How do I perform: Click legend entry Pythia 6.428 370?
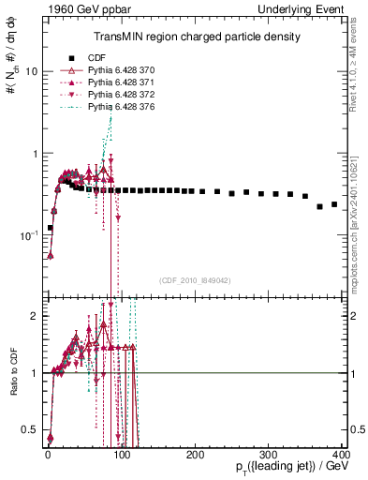pos(117,69)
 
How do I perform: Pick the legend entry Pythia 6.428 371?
pos(117,82)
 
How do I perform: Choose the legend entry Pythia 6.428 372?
pos(117,96)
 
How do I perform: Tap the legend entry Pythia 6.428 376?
pos(117,109)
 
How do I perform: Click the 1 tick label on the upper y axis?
pos(35,153)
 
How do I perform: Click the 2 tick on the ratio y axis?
pos(35,316)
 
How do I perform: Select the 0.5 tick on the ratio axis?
pos(31,429)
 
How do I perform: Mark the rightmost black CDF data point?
pos(334,203)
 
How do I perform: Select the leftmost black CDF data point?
pos(50,228)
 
